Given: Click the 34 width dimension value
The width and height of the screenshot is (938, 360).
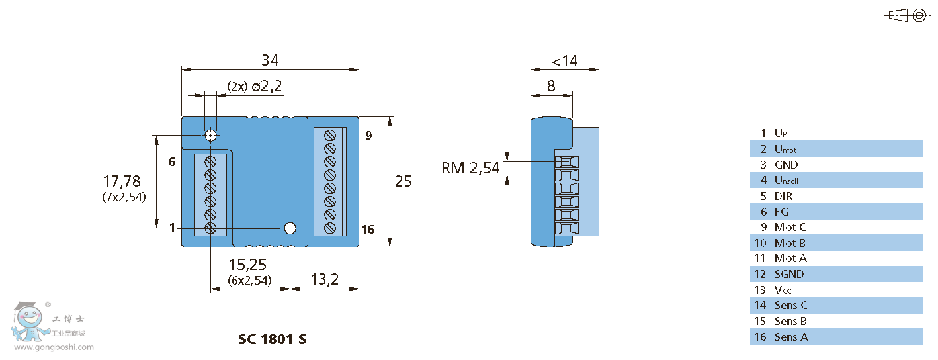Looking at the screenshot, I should coord(269,60).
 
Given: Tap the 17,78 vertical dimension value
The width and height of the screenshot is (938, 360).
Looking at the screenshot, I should coord(122,181).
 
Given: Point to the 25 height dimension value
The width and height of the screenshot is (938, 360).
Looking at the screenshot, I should coord(403,181).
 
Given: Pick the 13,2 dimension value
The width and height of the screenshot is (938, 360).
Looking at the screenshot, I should coord(325,279).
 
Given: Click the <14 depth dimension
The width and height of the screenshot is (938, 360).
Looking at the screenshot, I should coord(564,61).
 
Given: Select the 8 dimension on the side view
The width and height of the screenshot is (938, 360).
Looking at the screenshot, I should coord(551,86).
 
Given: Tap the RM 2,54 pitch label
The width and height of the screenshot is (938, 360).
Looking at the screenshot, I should coord(470,168).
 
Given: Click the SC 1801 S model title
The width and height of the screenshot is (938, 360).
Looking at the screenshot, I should coord(272,339).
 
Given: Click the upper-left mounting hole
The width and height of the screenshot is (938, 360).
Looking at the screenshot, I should coord(210,136).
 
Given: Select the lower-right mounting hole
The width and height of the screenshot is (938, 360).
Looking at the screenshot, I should coord(290,228).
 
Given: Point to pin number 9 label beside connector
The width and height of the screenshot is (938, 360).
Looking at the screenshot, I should coord(368,136).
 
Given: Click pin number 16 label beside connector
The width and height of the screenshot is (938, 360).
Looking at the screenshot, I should coord(368,230).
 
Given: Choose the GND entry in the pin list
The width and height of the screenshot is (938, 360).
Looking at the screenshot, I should coord(786,165).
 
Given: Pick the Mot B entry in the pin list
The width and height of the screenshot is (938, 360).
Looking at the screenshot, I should coord(790,243).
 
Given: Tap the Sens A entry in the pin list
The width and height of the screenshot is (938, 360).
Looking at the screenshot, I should coord(791,337).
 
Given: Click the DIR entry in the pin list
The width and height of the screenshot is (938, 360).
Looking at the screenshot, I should coord(783,196).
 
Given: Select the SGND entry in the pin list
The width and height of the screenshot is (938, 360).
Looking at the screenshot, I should coord(789,274).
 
